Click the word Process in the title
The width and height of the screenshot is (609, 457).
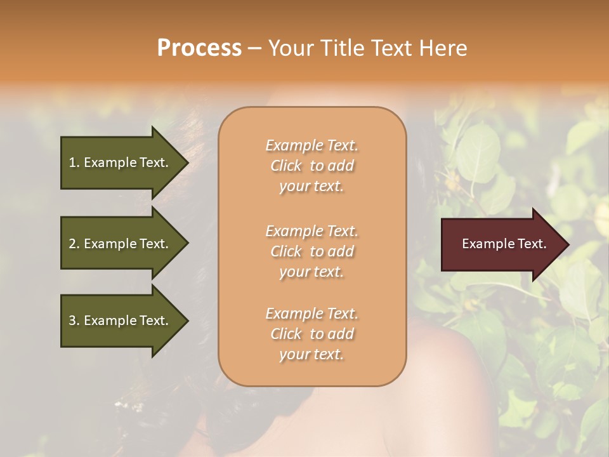pos(199,48)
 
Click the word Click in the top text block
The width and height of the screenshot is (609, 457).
pos(286,166)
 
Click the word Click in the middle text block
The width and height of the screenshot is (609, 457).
pos(286,251)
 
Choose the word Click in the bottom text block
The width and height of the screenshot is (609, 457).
pos(286,334)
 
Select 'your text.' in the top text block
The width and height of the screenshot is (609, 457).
pos(311,186)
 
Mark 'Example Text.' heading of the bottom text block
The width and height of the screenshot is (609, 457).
pos(311,314)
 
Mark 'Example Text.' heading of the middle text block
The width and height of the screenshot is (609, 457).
pos(311,231)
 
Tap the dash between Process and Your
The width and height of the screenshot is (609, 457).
pos(254,48)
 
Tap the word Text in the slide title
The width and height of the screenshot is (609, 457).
pos(393,48)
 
